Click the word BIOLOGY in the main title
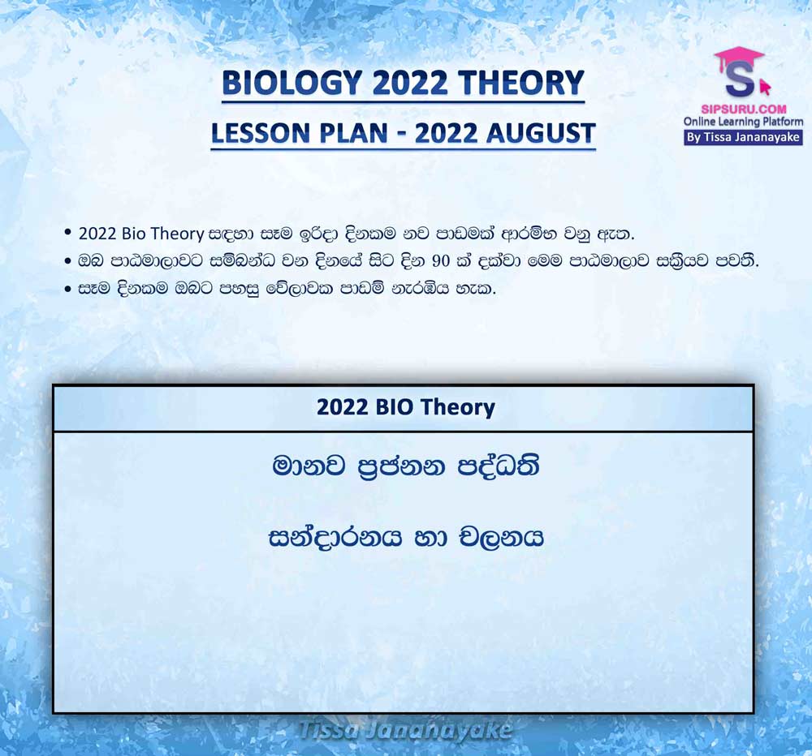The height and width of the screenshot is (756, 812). point(292,83)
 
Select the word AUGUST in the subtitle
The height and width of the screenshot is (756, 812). point(541,133)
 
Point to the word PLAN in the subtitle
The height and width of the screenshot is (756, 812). point(353,133)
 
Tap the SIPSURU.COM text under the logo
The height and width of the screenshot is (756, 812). point(744,110)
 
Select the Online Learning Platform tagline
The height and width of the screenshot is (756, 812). point(744,122)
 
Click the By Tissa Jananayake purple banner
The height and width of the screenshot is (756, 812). point(744,138)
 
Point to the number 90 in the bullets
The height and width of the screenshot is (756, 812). point(440,261)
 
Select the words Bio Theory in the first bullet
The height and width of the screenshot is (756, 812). point(162,234)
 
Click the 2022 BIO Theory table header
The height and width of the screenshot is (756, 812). point(405,407)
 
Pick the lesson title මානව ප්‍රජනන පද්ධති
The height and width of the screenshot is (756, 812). point(405,466)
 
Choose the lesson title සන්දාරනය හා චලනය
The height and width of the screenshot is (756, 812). point(405,538)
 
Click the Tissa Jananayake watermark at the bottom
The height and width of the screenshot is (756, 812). point(405,731)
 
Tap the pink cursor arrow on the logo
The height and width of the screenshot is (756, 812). point(764,87)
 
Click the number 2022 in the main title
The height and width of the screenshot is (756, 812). point(410,83)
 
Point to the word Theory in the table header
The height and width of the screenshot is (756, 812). point(457,408)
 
